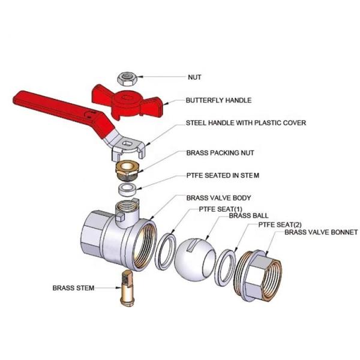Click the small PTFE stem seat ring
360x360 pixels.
click(127, 190)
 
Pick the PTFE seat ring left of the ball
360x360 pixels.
click(166, 251)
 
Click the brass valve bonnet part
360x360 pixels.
click(265, 277)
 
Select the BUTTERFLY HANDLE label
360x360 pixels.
click(218, 100)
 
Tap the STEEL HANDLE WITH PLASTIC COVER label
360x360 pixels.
click(245, 123)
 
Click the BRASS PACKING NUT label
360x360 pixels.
click(220, 153)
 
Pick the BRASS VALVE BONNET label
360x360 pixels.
click(321, 232)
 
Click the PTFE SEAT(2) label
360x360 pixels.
click(278, 224)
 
